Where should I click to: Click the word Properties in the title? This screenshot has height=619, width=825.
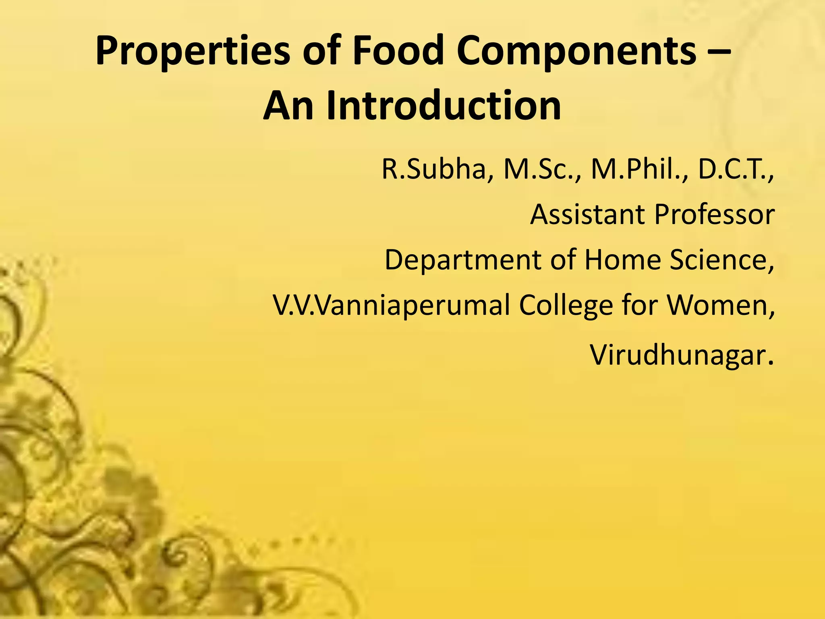(193, 52)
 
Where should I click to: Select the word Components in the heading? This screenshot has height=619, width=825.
(576, 52)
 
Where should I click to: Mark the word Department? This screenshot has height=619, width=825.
(463, 260)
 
